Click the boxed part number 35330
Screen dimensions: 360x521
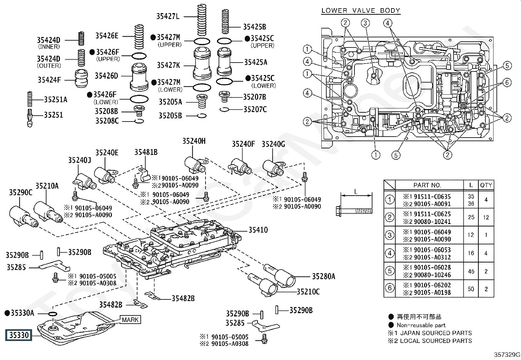coord(19,335)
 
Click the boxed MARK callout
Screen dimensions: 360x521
coord(130,319)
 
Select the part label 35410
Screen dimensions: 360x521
coord(258,230)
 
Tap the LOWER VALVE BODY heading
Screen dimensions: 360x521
coord(361,10)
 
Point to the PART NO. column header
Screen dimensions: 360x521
coord(427,185)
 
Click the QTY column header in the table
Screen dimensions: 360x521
coord(486,185)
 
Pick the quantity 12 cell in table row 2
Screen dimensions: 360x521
coord(486,217)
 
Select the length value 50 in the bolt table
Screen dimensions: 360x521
coord(471,289)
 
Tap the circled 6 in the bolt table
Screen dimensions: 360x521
coord(389,288)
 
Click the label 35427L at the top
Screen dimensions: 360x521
coord(168,16)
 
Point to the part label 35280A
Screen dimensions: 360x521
coord(323,276)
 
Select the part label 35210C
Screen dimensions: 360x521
coord(308,292)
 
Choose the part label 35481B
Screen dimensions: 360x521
coord(146,152)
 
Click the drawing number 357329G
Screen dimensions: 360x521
coord(507,354)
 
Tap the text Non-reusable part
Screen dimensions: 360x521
coord(421,325)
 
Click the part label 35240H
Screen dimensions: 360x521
coord(194,141)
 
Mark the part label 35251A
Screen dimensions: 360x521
coord(56,100)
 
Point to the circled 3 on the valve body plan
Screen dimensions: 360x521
coord(365,23)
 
